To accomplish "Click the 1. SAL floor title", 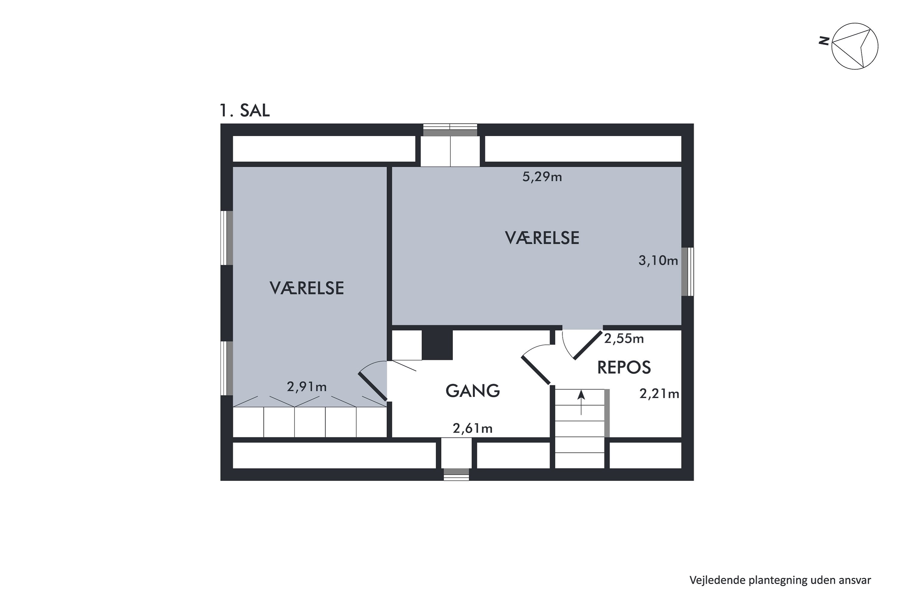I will click(x=244, y=110).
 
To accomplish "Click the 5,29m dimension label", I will click(x=542, y=177).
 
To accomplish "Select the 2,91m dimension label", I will click(x=306, y=386).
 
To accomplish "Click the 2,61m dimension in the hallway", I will click(x=472, y=428).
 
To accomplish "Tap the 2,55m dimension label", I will click(x=623, y=339).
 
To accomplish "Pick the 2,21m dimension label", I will click(x=659, y=393).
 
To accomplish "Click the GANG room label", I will click(x=473, y=391).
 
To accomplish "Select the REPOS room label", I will click(x=624, y=368).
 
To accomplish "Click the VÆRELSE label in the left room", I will click(x=306, y=288).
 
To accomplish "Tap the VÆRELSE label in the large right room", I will click(x=542, y=238).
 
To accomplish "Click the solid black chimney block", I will click(x=437, y=345).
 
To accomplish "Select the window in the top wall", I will click(x=450, y=130).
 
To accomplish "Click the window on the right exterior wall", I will click(x=687, y=272).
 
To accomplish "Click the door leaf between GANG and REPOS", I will click(x=535, y=371).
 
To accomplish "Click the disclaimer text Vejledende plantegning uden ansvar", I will click(x=780, y=580).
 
